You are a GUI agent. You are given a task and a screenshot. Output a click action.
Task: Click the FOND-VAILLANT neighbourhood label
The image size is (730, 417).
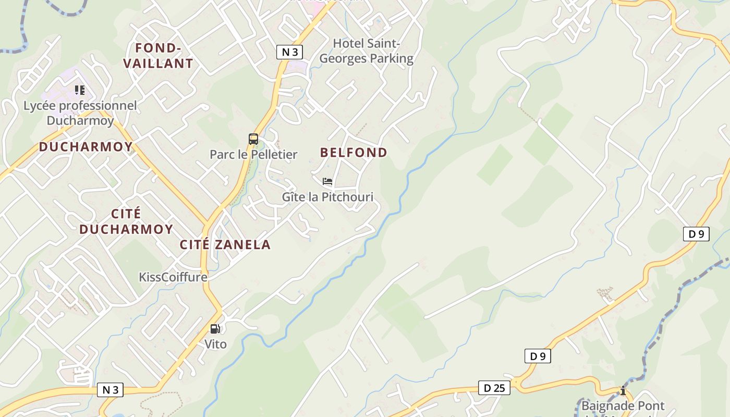pyautogui.click(x=159, y=56)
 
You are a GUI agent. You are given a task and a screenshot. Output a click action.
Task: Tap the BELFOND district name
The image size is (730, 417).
pyautogui.click(x=354, y=152)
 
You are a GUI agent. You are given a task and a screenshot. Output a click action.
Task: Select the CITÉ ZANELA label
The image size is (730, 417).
pyautogui.click(x=225, y=244)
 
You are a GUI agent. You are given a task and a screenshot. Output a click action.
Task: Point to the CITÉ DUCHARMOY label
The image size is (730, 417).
pyautogui.click(x=126, y=222)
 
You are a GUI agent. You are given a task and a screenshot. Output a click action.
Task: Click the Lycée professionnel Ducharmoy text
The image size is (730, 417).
pyautogui.click(x=80, y=113)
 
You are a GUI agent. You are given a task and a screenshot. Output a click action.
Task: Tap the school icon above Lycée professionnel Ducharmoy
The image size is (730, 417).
pyautogui.click(x=79, y=90)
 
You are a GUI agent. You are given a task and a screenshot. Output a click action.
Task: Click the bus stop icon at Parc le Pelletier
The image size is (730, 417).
pyautogui.click(x=253, y=139)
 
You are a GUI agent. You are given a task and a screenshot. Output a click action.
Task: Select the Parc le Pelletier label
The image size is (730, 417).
pyautogui.click(x=253, y=154)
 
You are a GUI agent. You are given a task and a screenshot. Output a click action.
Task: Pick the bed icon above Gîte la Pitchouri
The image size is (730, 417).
pyautogui.click(x=327, y=181)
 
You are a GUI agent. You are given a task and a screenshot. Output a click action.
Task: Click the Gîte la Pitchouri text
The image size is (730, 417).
pyautogui.click(x=327, y=197)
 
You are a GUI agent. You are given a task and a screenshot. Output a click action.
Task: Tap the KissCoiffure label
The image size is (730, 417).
pyautogui.click(x=173, y=277)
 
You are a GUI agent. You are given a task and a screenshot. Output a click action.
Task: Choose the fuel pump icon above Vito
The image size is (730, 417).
pyautogui.click(x=215, y=329)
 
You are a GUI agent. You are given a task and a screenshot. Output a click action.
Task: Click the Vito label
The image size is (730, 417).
pyautogui.click(x=215, y=344)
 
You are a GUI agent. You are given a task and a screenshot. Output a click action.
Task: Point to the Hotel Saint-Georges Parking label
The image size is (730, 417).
pyautogui.click(x=366, y=51)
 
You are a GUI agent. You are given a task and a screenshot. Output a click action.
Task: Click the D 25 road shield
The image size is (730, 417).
pyautogui.click(x=494, y=388)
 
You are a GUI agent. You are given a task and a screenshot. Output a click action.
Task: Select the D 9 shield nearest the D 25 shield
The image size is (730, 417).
pyautogui.click(x=538, y=357)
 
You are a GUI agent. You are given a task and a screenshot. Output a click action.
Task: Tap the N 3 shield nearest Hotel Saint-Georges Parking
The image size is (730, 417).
pyautogui.click(x=290, y=52)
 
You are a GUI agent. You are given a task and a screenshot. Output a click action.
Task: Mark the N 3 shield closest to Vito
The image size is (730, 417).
pyautogui.click(x=110, y=390)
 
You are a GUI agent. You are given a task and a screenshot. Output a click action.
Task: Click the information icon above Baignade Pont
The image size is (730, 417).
pyautogui.click(x=622, y=390)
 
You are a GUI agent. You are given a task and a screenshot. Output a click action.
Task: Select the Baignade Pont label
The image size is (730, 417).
pyautogui.click(x=623, y=406)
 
